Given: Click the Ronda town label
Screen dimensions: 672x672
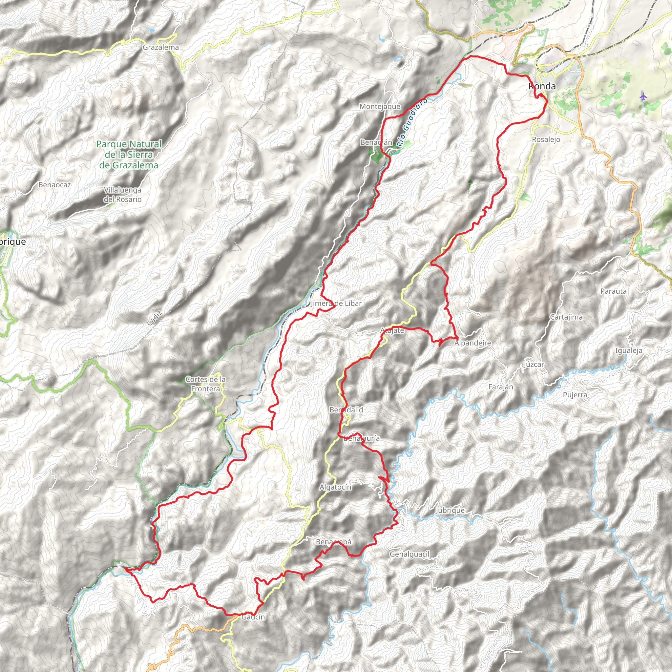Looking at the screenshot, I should [542, 86].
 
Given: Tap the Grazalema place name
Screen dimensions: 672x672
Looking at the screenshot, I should [161, 47].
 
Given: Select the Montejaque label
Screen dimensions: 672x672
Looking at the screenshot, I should [380, 106].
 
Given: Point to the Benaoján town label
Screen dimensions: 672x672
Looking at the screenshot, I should [376, 142].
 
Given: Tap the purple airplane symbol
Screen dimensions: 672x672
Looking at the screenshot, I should [643, 96].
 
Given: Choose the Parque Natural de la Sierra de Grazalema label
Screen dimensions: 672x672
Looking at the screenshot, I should [129, 155].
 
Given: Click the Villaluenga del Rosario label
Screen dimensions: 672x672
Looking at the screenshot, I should [122, 195].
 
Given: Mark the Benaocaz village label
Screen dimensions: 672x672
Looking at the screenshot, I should [54, 185].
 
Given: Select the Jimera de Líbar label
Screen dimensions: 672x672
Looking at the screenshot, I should [336, 303].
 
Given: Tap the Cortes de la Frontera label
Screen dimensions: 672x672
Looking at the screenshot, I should [205, 384].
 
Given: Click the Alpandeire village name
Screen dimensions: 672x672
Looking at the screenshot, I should [473, 343].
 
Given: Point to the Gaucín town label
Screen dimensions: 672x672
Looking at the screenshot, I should [253, 617].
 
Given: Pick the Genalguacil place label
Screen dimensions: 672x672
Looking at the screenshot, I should [410, 554].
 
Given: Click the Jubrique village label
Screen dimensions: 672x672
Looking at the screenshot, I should [450, 510].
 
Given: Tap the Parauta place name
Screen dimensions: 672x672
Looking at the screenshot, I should [613, 291].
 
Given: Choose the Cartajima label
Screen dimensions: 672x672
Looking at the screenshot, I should [566, 317].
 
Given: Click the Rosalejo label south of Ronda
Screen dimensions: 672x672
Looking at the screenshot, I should [546, 139].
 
